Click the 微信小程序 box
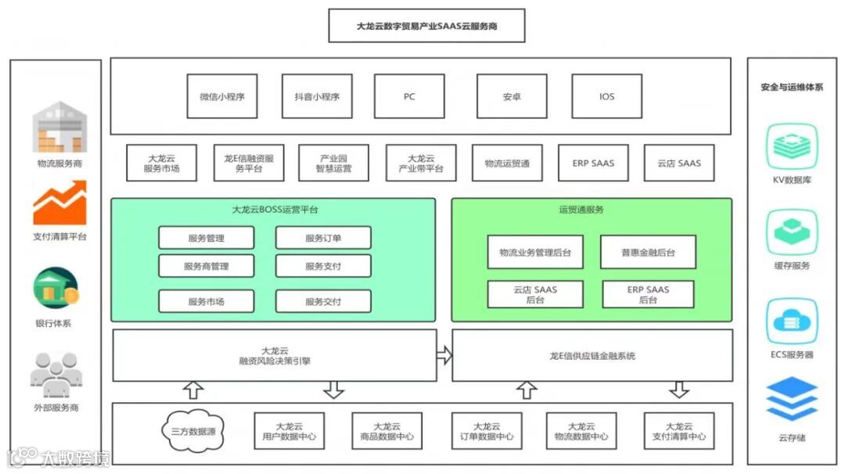222,96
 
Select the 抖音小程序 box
317,96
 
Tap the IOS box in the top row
607,96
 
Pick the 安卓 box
512,96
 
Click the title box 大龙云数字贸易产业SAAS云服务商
426,26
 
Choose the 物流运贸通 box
507,163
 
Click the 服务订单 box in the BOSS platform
323,238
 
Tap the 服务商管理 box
207,266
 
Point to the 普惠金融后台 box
648,252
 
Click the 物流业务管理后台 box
535,252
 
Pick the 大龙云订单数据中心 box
487,431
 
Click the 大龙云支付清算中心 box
678,431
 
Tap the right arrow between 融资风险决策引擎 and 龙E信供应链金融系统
444,355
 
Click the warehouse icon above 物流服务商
59,127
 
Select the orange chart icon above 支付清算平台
59,203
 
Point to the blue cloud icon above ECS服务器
792,321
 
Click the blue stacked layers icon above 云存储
792,399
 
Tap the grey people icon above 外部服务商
56,375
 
